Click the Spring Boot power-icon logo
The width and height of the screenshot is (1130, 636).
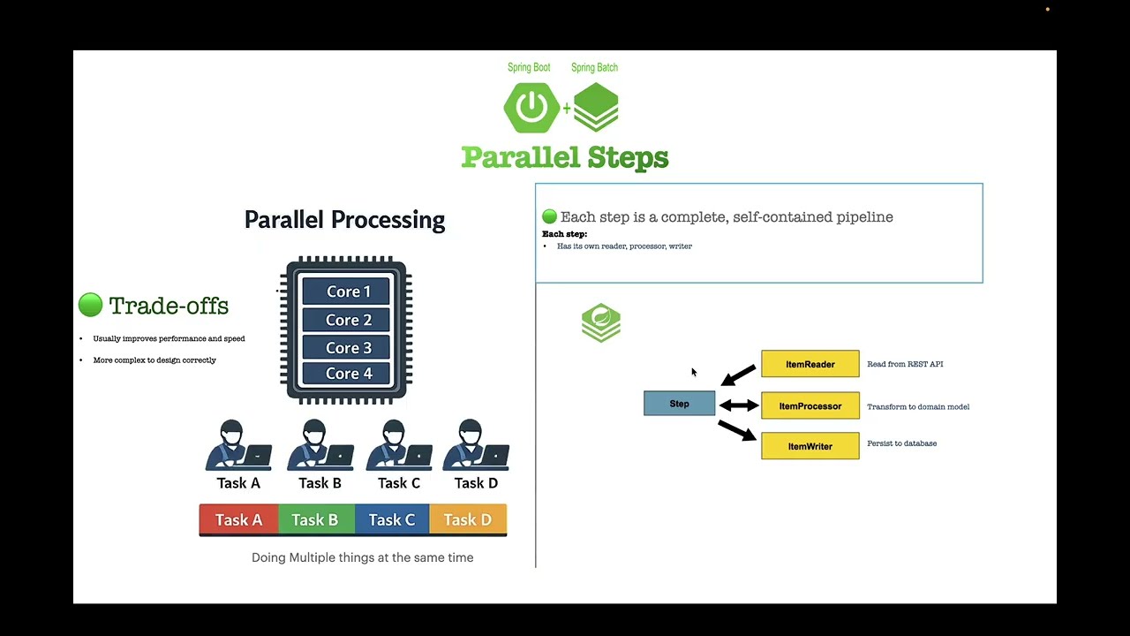[x=531, y=108]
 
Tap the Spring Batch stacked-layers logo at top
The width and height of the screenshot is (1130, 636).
[x=596, y=107]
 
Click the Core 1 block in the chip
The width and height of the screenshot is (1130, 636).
[x=349, y=291]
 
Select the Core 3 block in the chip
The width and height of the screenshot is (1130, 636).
[x=349, y=347]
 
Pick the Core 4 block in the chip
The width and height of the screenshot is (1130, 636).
[x=349, y=374]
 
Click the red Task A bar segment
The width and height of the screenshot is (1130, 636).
[x=238, y=519]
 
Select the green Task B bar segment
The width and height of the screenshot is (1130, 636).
[x=315, y=519]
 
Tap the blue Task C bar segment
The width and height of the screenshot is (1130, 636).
[x=391, y=519]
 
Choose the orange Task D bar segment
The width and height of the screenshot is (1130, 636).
[x=468, y=519]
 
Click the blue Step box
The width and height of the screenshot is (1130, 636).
[x=679, y=404]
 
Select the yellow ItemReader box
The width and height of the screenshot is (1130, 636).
[x=810, y=364]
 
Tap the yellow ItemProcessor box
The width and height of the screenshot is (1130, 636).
[x=810, y=406]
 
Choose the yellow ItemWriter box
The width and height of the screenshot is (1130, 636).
[x=810, y=446]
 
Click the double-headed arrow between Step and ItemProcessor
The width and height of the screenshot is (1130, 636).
[x=739, y=405]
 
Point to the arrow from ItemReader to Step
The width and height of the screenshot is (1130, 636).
[x=739, y=375]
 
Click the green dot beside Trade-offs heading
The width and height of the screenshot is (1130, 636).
[x=90, y=306]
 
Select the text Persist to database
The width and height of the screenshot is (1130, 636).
[x=901, y=443]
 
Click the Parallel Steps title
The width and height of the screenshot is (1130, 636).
[x=564, y=158]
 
